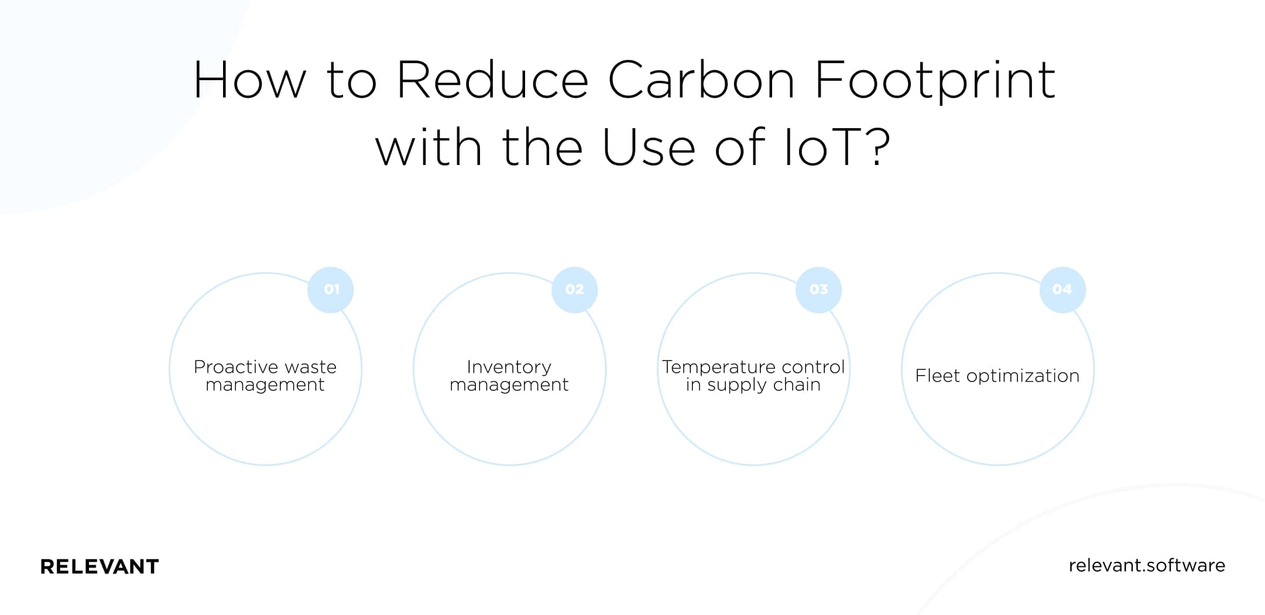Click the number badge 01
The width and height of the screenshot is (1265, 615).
(331, 290)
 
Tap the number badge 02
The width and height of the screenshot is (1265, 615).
(575, 290)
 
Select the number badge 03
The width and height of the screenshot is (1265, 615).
(819, 290)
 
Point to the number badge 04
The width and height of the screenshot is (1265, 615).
(1063, 290)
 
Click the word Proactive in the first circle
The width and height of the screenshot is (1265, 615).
(236, 367)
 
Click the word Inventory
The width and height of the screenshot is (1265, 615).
(509, 367)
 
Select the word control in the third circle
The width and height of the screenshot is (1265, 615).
(814, 367)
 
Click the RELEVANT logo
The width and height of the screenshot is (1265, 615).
(100, 566)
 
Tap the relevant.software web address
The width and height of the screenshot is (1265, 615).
(1147, 565)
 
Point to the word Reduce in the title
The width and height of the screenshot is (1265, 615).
(493, 80)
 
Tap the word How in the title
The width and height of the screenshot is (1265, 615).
(250, 80)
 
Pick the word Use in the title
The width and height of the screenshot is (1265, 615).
(649, 147)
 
